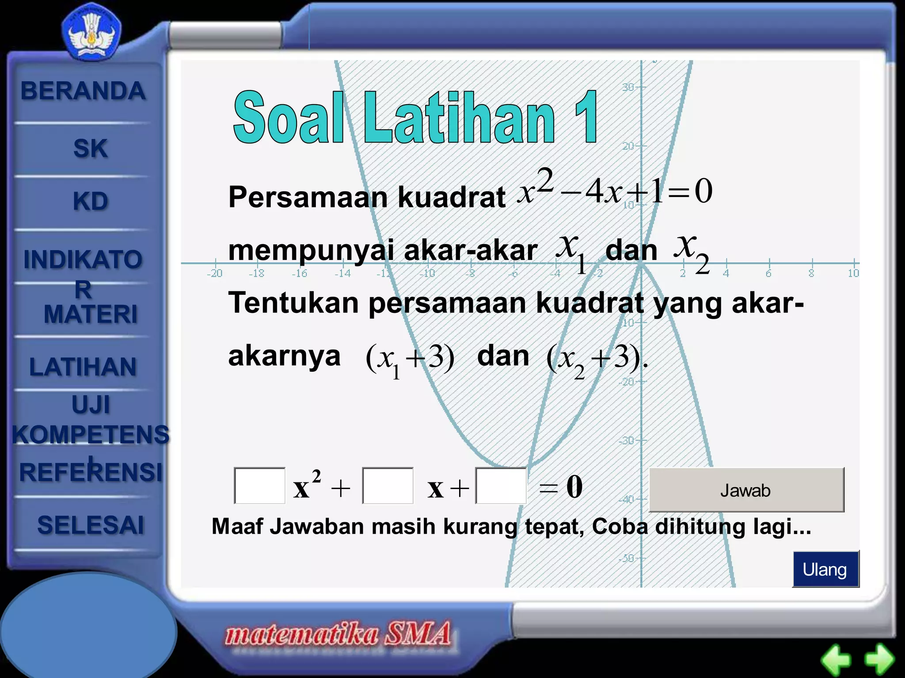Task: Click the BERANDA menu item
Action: tap(83, 91)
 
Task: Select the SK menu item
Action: tap(90, 148)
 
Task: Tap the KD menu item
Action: tap(90, 201)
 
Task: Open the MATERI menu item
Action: tap(90, 314)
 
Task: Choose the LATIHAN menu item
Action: tap(83, 367)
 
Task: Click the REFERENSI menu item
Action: tap(91, 472)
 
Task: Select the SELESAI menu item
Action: tap(91, 525)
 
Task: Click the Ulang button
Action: tap(825, 569)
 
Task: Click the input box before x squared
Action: tap(259, 486)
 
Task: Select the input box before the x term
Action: tap(388, 486)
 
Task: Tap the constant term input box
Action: tap(501, 486)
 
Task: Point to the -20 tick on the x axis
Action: tap(215, 273)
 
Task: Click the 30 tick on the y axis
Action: tap(628, 87)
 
